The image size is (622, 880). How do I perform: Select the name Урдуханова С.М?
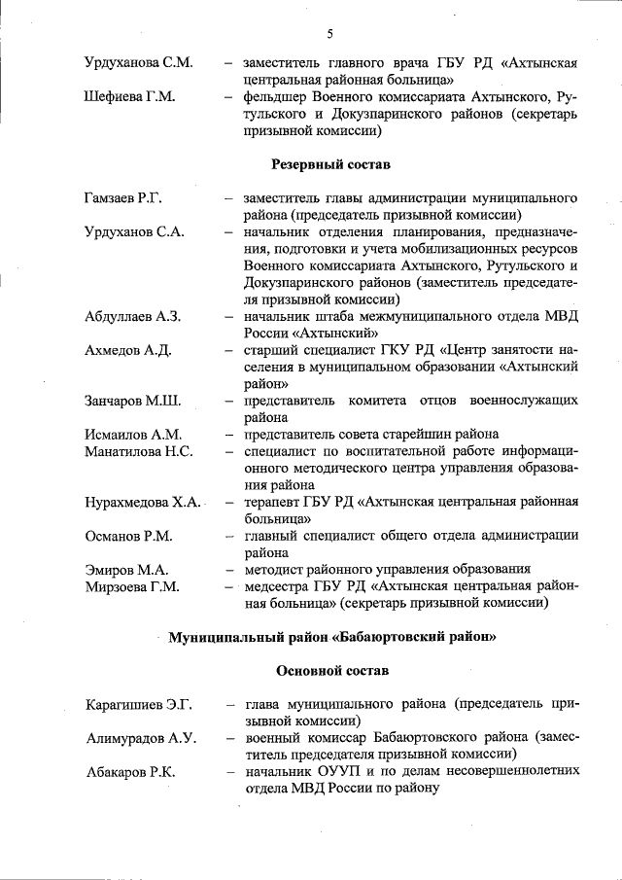pos(137,63)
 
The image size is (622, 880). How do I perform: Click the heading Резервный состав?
pos(330,163)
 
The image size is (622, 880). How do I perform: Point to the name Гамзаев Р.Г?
pos(122,198)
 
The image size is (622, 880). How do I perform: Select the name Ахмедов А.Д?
pos(127,350)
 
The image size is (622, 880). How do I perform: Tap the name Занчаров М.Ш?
pos(132,401)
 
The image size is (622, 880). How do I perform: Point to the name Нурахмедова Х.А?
pos(142,502)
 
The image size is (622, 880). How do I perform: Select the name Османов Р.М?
pos(128,536)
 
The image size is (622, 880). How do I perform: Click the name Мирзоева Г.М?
pos(131,586)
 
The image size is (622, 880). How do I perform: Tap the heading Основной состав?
pos(331,671)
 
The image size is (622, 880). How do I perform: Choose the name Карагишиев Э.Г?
pos(138,704)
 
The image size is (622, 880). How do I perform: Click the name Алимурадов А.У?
pos(140,738)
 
